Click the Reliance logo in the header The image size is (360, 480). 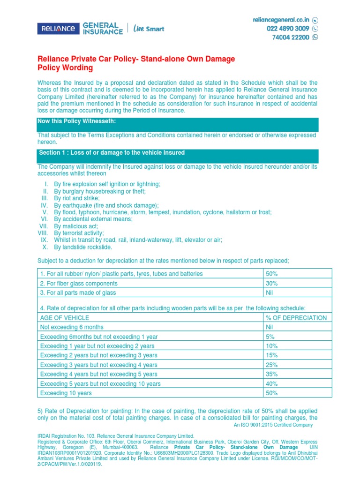coord(58,28)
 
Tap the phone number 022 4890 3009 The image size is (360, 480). coord(288,29)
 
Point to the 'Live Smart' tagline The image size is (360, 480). coord(149,29)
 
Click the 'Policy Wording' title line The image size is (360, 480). coord(65,68)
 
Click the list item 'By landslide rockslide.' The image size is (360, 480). coord(83,247)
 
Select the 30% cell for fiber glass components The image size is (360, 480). coord(272,283)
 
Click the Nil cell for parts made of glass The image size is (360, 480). coord(270,292)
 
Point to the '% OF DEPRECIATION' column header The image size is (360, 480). coord(296,318)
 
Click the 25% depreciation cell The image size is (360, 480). coord(272,365)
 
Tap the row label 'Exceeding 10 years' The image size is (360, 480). coord(66,393)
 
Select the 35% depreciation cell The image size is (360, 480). coord(272,374)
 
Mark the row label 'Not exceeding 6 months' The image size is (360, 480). coord(72,327)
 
